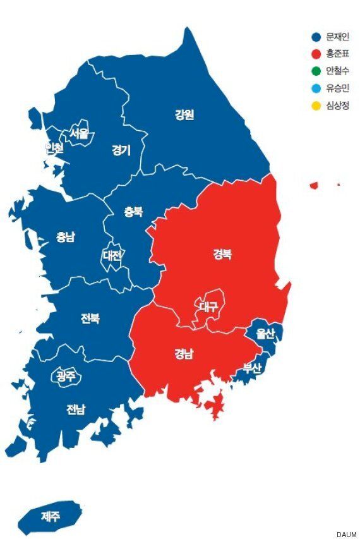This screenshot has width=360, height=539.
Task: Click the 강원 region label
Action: [184, 114]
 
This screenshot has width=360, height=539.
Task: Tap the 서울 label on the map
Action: [80, 133]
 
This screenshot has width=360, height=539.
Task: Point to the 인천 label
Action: [54, 148]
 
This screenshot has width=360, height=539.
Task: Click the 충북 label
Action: [133, 213]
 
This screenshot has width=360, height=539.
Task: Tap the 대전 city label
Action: [114, 255]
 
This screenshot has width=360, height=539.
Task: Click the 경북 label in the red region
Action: [221, 254]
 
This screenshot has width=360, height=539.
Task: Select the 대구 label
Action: [208, 306]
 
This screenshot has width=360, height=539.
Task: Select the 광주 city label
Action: [65, 376]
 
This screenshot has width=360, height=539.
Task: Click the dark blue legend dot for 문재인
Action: [316, 37]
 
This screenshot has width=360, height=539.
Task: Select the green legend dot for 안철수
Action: [316, 71]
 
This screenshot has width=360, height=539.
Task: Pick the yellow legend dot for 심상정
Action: [316, 105]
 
